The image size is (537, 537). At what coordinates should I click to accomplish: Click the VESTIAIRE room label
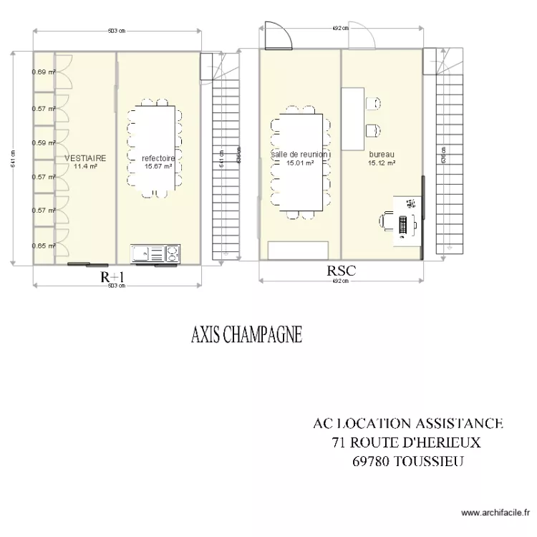click(85, 158)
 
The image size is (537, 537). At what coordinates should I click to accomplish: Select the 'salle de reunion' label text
click(300, 154)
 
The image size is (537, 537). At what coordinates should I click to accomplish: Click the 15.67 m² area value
click(158, 166)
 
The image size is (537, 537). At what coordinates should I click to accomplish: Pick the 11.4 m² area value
click(85, 166)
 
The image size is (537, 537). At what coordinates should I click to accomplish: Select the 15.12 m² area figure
click(382, 163)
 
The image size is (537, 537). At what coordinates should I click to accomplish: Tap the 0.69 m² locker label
click(43, 72)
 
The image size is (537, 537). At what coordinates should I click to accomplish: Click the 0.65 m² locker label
click(43, 246)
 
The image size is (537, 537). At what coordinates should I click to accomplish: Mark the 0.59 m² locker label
click(43, 142)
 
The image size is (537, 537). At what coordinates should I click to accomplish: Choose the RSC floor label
click(341, 271)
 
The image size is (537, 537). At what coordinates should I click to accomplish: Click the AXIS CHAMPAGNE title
click(246, 335)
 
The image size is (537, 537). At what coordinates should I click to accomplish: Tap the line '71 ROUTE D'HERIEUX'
click(406, 442)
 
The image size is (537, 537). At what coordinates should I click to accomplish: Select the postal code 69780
click(371, 461)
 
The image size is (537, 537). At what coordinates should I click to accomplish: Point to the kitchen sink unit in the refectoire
click(156, 253)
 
